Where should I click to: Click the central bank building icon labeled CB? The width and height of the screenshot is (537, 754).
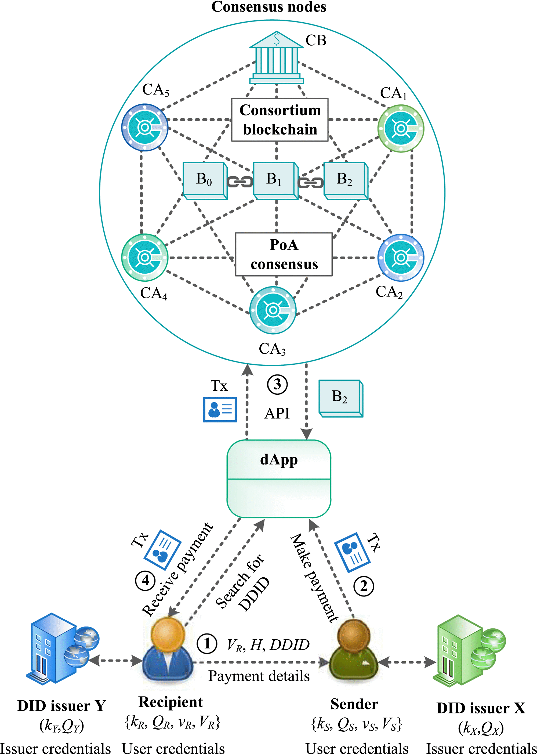click(277, 58)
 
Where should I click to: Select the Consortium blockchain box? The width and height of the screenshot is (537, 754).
click(280, 120)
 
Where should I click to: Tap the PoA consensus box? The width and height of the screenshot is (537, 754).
click(284, 254)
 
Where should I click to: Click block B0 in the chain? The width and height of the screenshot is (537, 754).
click(205, 180)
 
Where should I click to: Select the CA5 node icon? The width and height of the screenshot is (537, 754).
click(144, 127)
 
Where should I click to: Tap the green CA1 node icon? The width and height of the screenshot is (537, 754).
click(401, 128)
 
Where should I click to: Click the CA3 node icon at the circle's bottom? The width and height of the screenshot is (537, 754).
click(273, 310)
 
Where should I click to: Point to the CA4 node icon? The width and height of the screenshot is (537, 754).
click(144, 257)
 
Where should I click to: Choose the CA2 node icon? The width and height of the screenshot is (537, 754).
click(401, 258)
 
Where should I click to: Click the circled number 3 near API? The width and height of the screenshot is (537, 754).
click(277, 385)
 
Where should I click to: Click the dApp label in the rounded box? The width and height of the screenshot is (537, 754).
click(279, 460)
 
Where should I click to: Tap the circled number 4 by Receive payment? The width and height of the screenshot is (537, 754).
click(145, 580)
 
